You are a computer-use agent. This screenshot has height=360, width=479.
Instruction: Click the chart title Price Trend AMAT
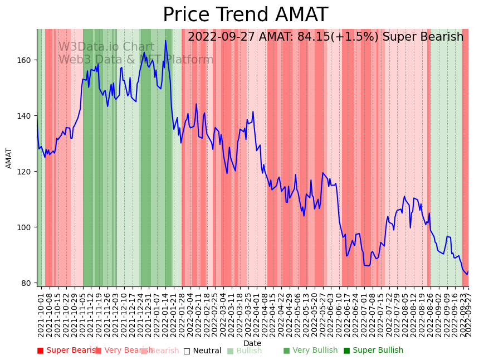(x=245, y=15)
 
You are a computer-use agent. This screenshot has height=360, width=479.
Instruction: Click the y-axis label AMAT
(x=9, y=158)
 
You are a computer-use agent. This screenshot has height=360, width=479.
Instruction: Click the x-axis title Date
(x=252, y=343)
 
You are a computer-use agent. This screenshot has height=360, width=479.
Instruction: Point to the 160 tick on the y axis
(x=26, y=60)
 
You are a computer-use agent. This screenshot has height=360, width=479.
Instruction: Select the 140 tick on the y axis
(x=26, y=116)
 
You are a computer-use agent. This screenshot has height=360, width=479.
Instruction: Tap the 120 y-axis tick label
(x=26, y=172)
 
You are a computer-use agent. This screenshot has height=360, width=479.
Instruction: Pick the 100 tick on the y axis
(x=26, y=227)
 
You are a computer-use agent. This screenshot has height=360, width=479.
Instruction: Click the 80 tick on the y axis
(x=28, y=283)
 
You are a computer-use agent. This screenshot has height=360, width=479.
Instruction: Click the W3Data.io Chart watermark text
(x=106, y=47)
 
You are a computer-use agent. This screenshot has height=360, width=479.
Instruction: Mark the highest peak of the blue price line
(x=165, y=40)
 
